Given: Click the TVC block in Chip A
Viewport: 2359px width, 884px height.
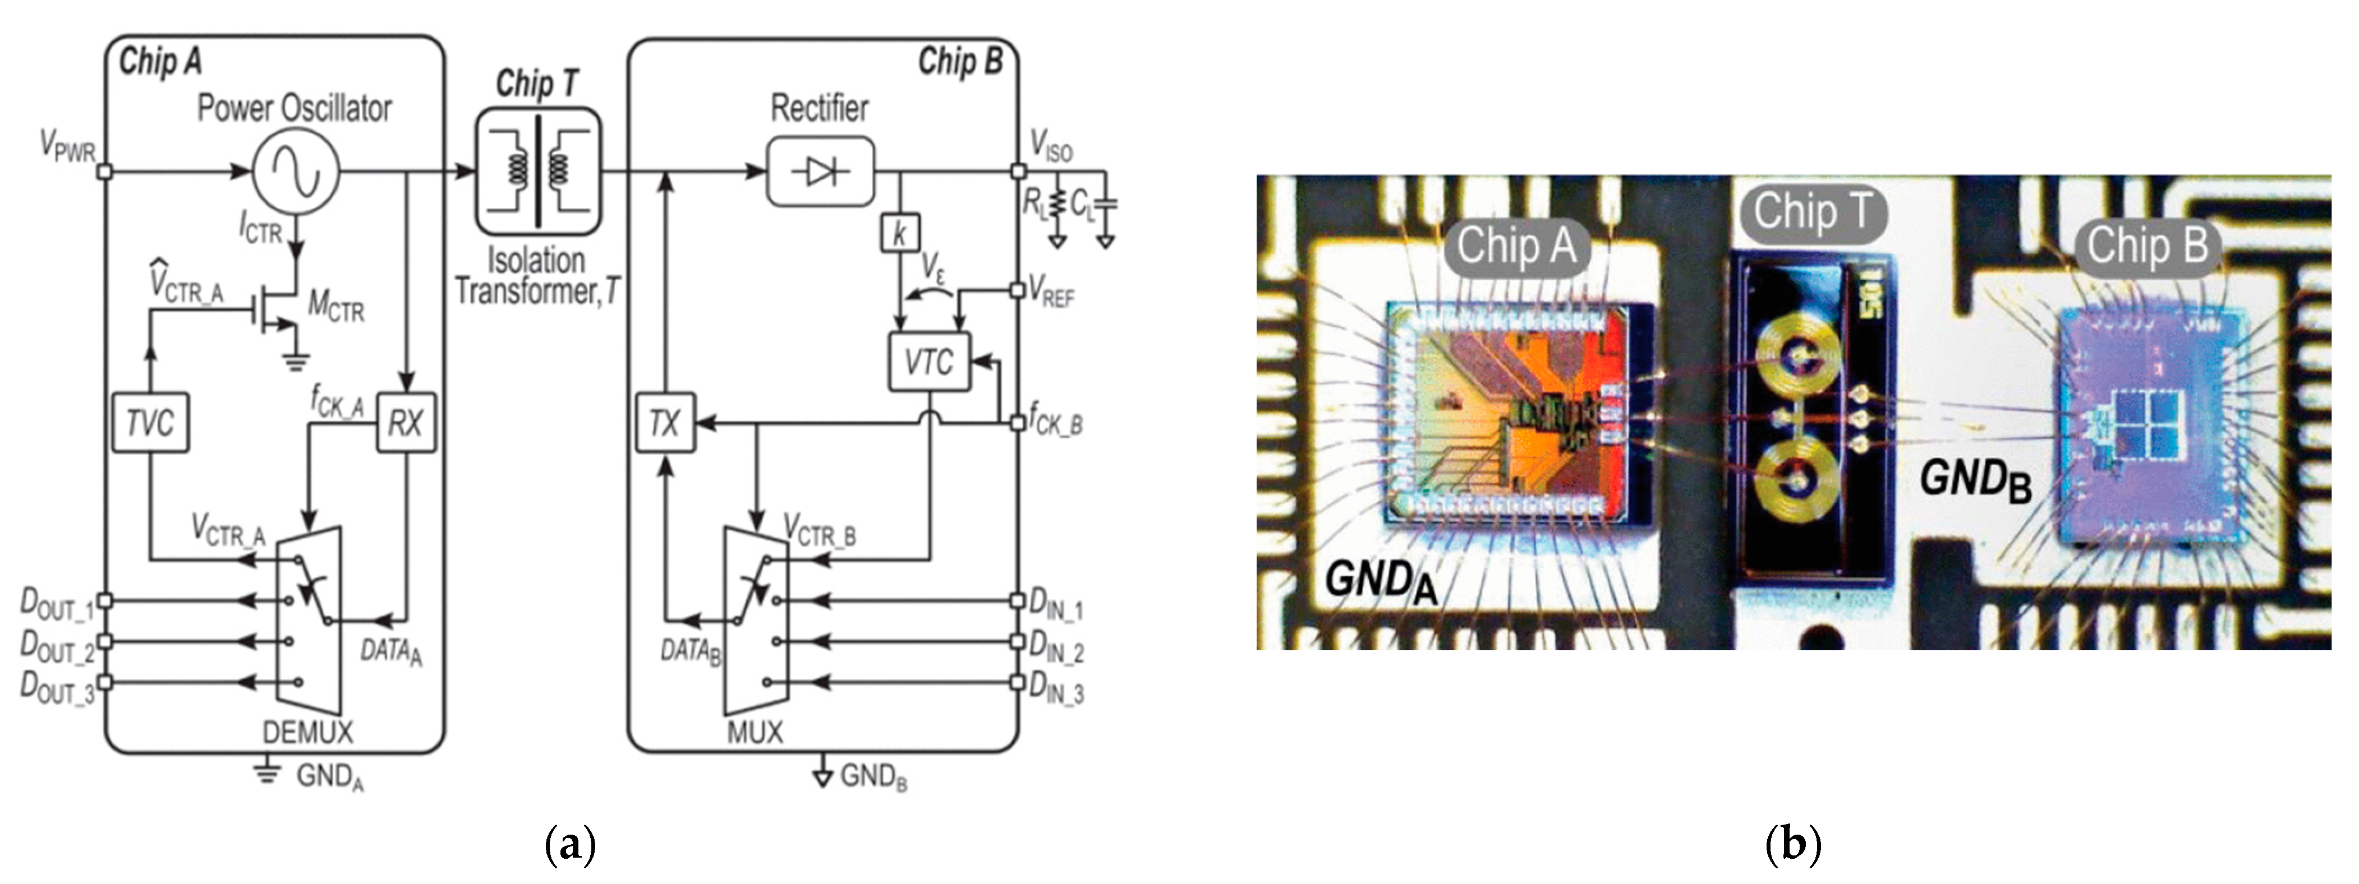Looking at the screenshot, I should click(x=150, y=422).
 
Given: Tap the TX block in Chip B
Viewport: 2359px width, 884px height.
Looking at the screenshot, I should click(x=665, y=422).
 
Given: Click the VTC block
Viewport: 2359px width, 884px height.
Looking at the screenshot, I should click(x=928, y=362).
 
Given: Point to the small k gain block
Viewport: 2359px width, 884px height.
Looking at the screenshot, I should click(x=899, y=233).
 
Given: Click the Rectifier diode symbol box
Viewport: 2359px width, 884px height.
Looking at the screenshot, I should click(x=820, y=171).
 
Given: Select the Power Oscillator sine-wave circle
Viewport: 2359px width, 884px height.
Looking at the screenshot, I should click(x=296, y=171).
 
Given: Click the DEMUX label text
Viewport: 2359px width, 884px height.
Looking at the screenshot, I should click(x=307, y=732).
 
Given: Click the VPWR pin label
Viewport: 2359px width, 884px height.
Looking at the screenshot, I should click(x=67, y=146).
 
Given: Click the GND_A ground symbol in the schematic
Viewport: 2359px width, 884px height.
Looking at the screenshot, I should click(x=268, y=771).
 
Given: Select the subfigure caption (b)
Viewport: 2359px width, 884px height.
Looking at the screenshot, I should click(x=1792, y=844).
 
